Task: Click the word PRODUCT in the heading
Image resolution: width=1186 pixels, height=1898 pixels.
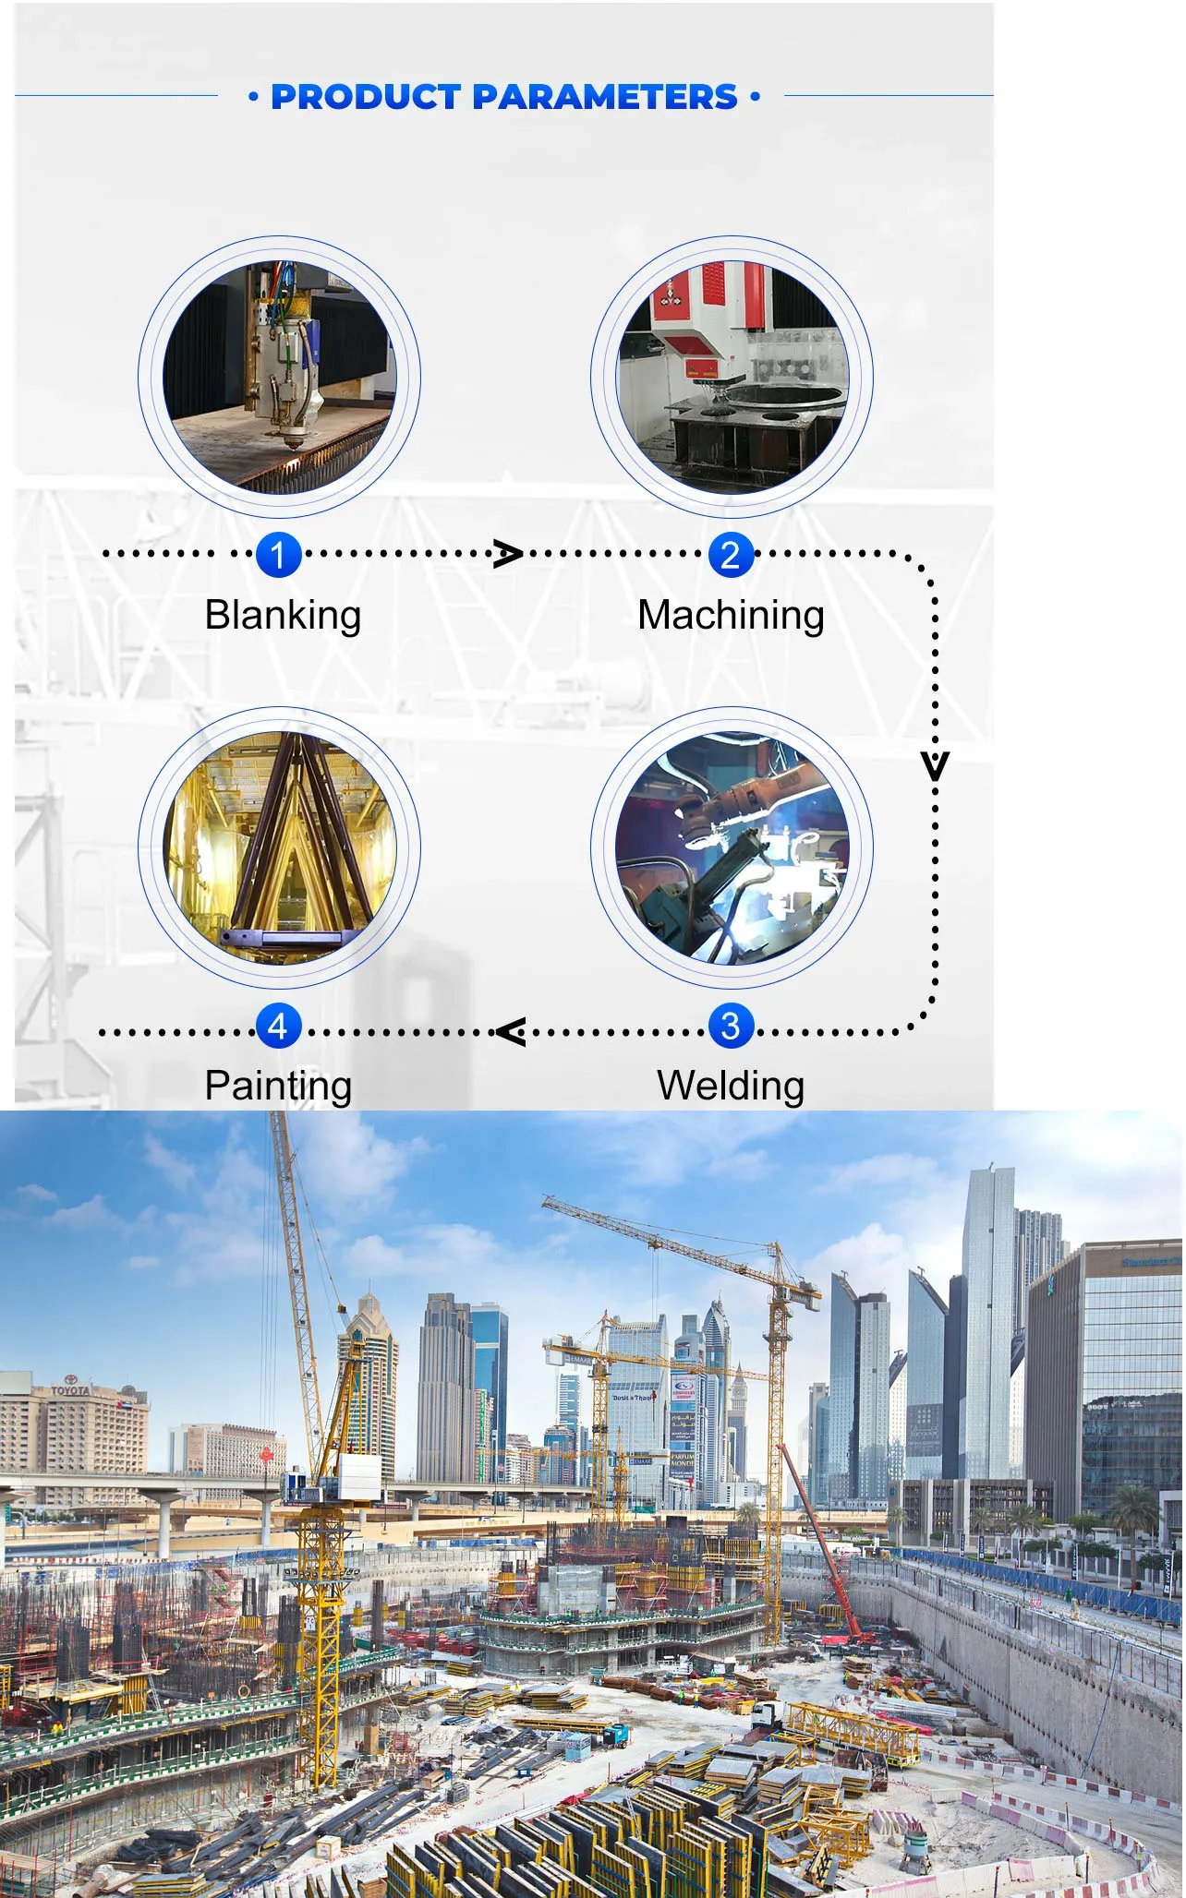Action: tap(366, 97)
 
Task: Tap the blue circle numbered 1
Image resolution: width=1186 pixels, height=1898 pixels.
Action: tap(278, 555)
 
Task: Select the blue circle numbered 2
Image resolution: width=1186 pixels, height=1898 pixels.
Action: tap(731, 555)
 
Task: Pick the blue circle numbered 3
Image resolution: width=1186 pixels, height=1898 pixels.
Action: tap(731, 1026)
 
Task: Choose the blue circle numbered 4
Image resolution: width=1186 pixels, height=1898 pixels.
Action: tap(278, 1026)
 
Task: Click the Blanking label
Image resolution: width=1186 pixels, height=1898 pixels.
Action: tap(283, 616)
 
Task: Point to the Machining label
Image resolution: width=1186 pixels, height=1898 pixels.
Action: tap(731, 616)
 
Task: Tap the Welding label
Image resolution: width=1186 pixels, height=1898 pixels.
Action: tap(731, 1086)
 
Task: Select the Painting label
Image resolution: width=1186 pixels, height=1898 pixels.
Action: tap(278, 1086)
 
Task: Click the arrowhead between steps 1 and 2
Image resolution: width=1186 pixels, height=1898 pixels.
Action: tap(507, 554)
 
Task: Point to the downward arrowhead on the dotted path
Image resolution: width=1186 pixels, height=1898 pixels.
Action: tap(935, 766)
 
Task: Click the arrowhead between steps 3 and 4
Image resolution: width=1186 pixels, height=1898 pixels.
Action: tap(511, 1031)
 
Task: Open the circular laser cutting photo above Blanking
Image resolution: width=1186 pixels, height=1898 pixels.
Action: tap(280, 377)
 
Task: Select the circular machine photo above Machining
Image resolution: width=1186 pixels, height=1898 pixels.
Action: tap(732, 377)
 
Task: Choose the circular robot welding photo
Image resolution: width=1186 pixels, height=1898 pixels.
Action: tap(732, 847)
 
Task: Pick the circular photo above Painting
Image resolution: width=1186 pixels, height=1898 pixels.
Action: tap(280, 847)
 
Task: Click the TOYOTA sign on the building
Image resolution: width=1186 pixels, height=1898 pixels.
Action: tap(70, 1389)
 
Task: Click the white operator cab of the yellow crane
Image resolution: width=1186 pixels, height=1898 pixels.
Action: tap(359, 1475)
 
